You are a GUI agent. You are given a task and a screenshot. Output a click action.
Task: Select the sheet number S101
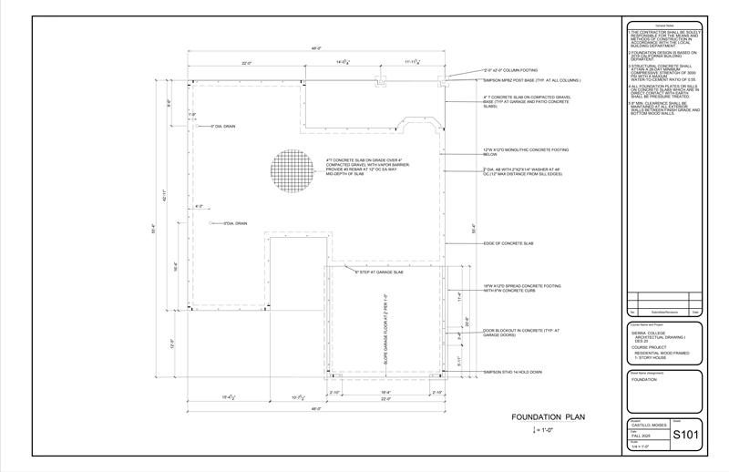click(x=685, y=435)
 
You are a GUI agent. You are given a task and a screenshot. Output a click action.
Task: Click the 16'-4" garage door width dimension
click(x=386, y=392)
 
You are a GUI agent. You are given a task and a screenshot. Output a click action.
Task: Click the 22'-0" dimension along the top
click(x=247, y=62)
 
